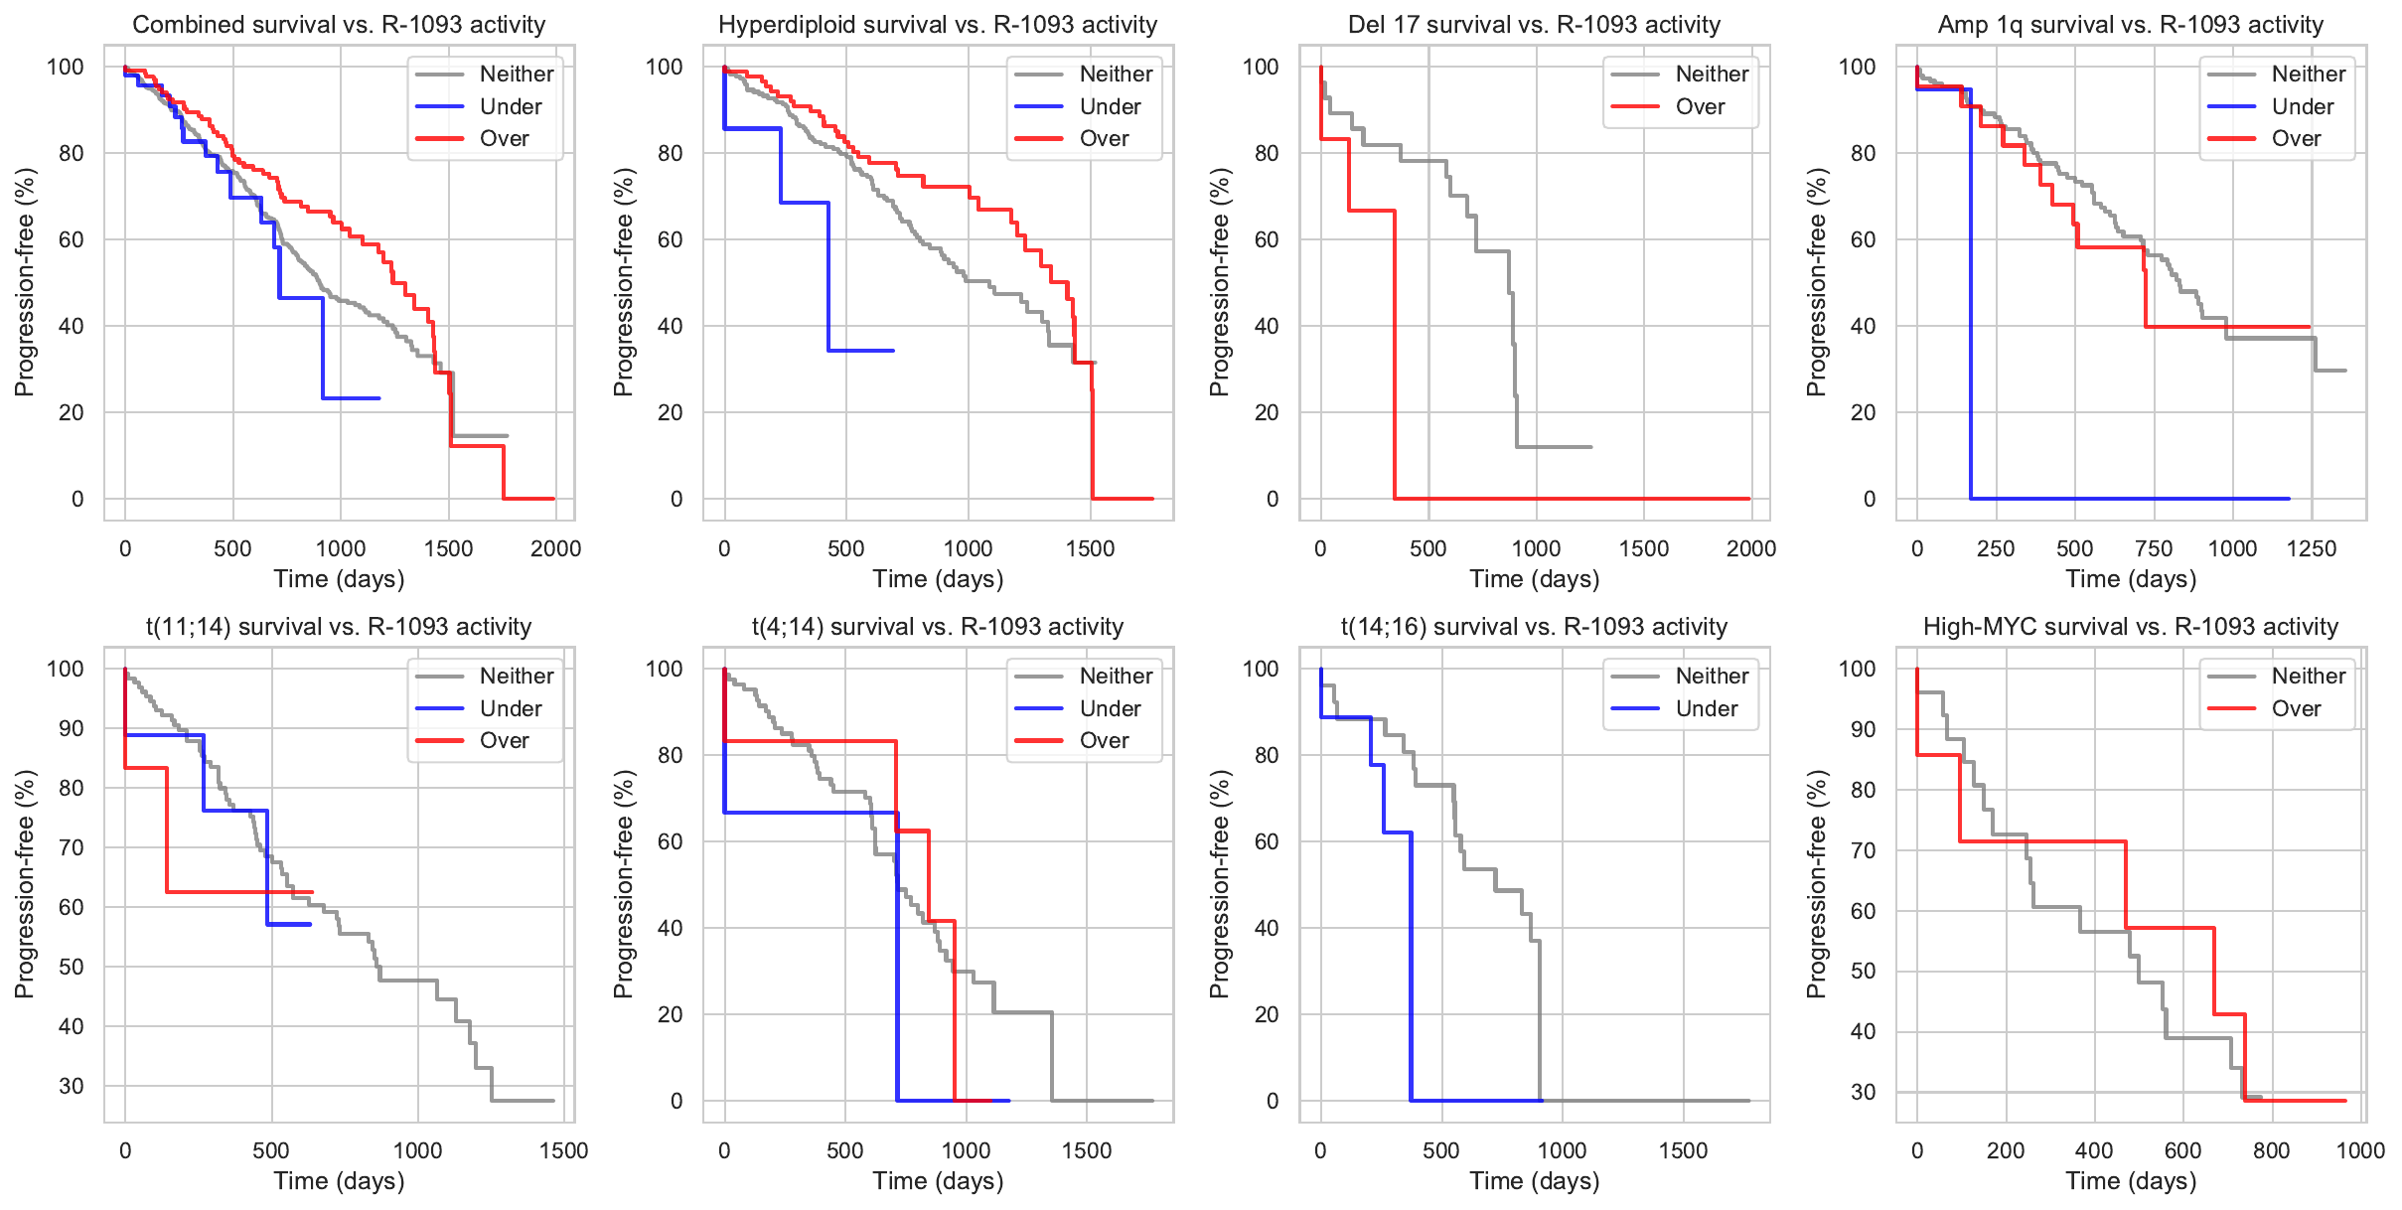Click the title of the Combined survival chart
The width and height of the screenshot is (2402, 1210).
click(339, 25)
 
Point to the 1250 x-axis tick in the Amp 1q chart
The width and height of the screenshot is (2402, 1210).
click(2311, 548)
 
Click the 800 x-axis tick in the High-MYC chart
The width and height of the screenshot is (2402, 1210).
click(2271, 1150)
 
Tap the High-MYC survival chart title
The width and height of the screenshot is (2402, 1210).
click(2130, 627)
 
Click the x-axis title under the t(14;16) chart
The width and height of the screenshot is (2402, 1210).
click(1534, 1180)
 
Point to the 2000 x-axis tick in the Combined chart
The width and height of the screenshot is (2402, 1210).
click(555, 548)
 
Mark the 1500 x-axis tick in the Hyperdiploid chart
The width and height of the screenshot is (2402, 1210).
click(1090, 548)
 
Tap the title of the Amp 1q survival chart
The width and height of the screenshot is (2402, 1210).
click(2130, 25)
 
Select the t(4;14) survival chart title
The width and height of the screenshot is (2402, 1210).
click(937, 627)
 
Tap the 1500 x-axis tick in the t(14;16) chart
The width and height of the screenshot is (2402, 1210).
click(1683, 1150)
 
